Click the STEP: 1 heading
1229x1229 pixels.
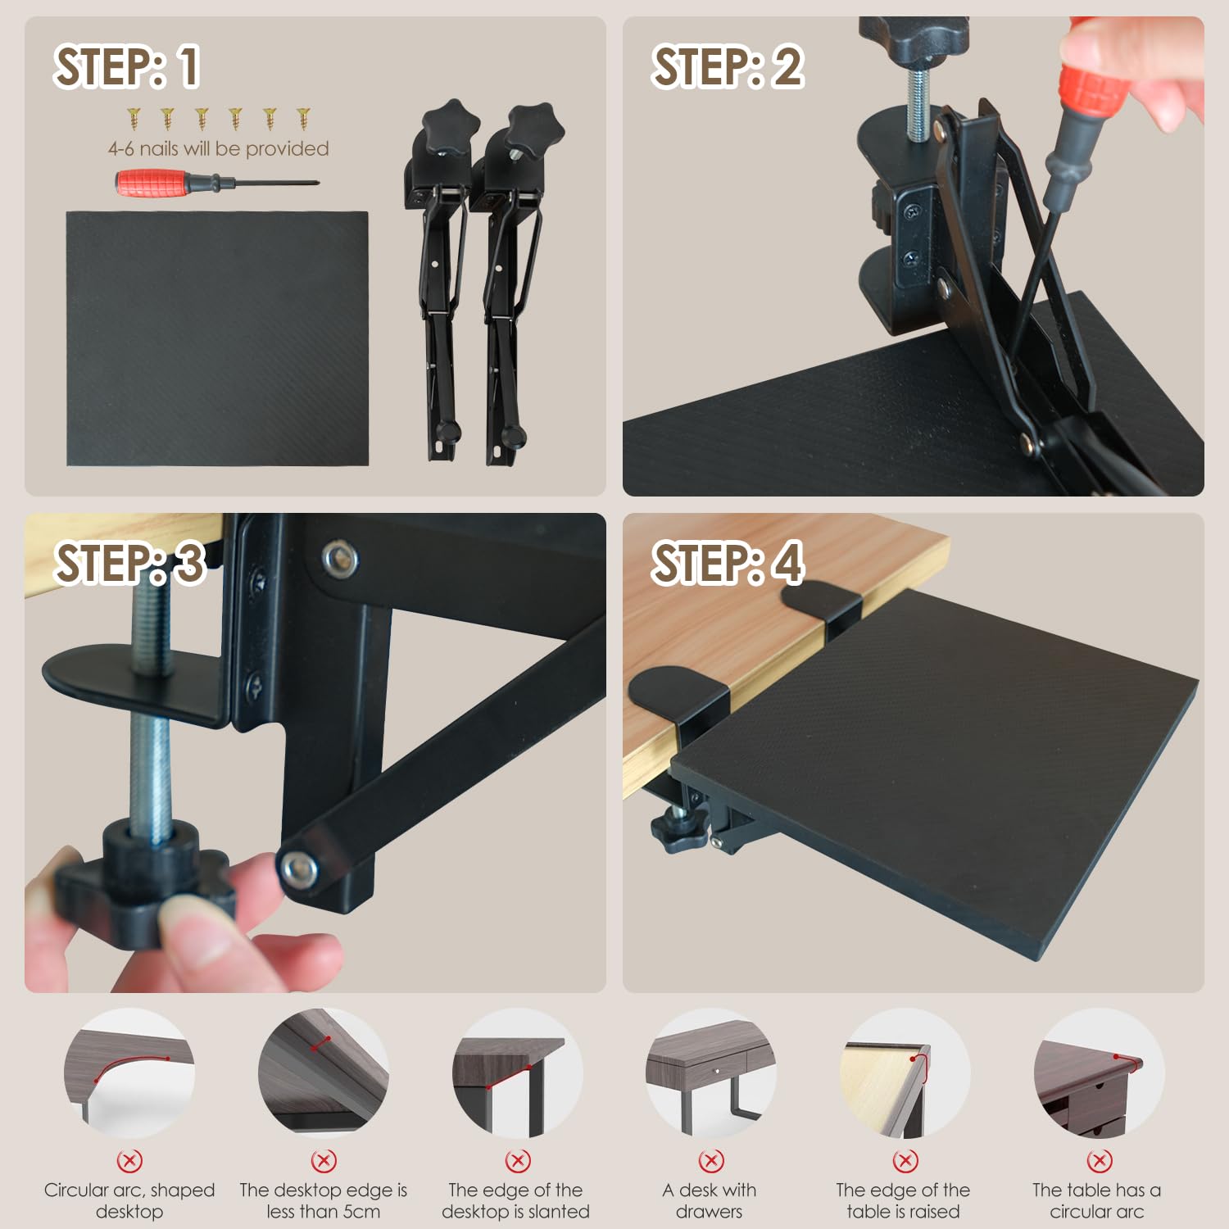(x=126, y=66)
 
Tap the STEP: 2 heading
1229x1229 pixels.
(x=727, y=66)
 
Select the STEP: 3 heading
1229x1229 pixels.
(x=129, y=563)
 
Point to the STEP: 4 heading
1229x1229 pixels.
(x=727, y=563)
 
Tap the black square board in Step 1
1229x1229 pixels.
(x=217, y=338)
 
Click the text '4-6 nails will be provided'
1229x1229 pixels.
(x=218, y=148)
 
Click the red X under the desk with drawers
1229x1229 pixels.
(x=710, y=1160)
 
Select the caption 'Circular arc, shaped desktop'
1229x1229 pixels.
(x=129, y=1200)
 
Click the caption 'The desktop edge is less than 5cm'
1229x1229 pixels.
(x=324, y=1200)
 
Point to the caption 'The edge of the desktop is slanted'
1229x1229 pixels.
(x=516, y=1200)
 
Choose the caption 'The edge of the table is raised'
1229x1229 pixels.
(x=903, y=1200)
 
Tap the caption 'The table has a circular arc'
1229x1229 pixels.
(x=1096, y=1200)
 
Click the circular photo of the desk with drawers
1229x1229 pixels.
(x=710, y=1073)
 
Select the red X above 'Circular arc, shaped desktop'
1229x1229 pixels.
(x=129, y=1160)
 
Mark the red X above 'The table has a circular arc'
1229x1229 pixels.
(x=1099, y=1160)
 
